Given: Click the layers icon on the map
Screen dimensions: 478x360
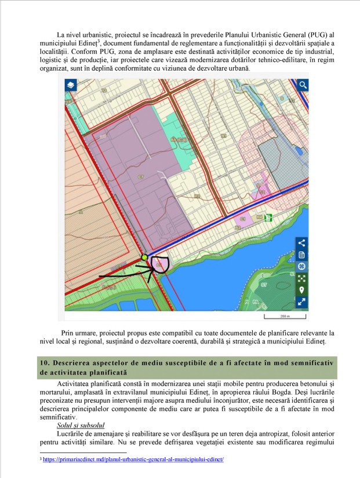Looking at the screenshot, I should [x=70, y=85].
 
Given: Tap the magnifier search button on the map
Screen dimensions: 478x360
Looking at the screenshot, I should [x=303, y=85].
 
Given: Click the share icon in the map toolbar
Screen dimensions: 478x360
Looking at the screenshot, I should [x=301, y=242].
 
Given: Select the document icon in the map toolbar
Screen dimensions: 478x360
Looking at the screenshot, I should [x=301, y=255].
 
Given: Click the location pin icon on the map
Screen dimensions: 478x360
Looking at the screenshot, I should [x=301, y=290].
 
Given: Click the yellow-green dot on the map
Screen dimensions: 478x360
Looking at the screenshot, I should [x=144, y=257].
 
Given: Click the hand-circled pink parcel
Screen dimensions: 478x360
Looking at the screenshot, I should [x=159, y=265].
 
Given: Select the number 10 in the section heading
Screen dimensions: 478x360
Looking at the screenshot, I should [x=43, y=362].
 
